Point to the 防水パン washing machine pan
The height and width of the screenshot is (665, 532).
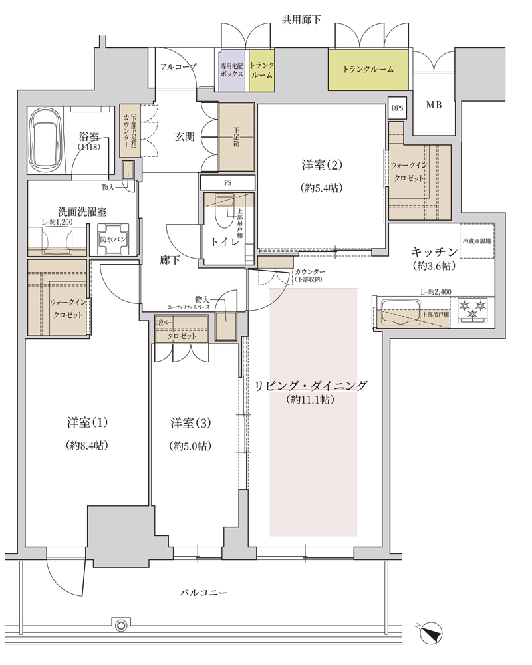click(113, 239)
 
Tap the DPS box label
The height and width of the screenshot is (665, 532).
click(397, 108)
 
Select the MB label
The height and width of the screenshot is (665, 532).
click(434, 105)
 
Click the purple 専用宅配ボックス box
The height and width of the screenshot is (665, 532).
click(231, 70)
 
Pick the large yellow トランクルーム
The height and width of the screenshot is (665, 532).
click(368, 70)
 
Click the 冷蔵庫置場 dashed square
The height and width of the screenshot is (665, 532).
click(477, 241)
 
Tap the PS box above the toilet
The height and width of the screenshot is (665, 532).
click(228, 183)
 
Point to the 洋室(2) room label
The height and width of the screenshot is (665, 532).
click(322, 165)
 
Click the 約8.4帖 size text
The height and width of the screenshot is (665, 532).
click(87, 446)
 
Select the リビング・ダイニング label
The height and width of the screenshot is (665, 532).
click(311, 386)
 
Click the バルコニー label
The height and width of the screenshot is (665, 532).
click(203, 593)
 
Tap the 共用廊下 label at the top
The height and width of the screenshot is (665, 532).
click(301, 19)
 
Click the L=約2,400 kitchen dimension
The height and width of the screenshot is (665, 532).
click(436, 292)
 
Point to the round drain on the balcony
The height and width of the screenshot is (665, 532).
click(121, 626)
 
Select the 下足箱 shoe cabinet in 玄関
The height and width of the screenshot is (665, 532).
click(236, 137)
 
